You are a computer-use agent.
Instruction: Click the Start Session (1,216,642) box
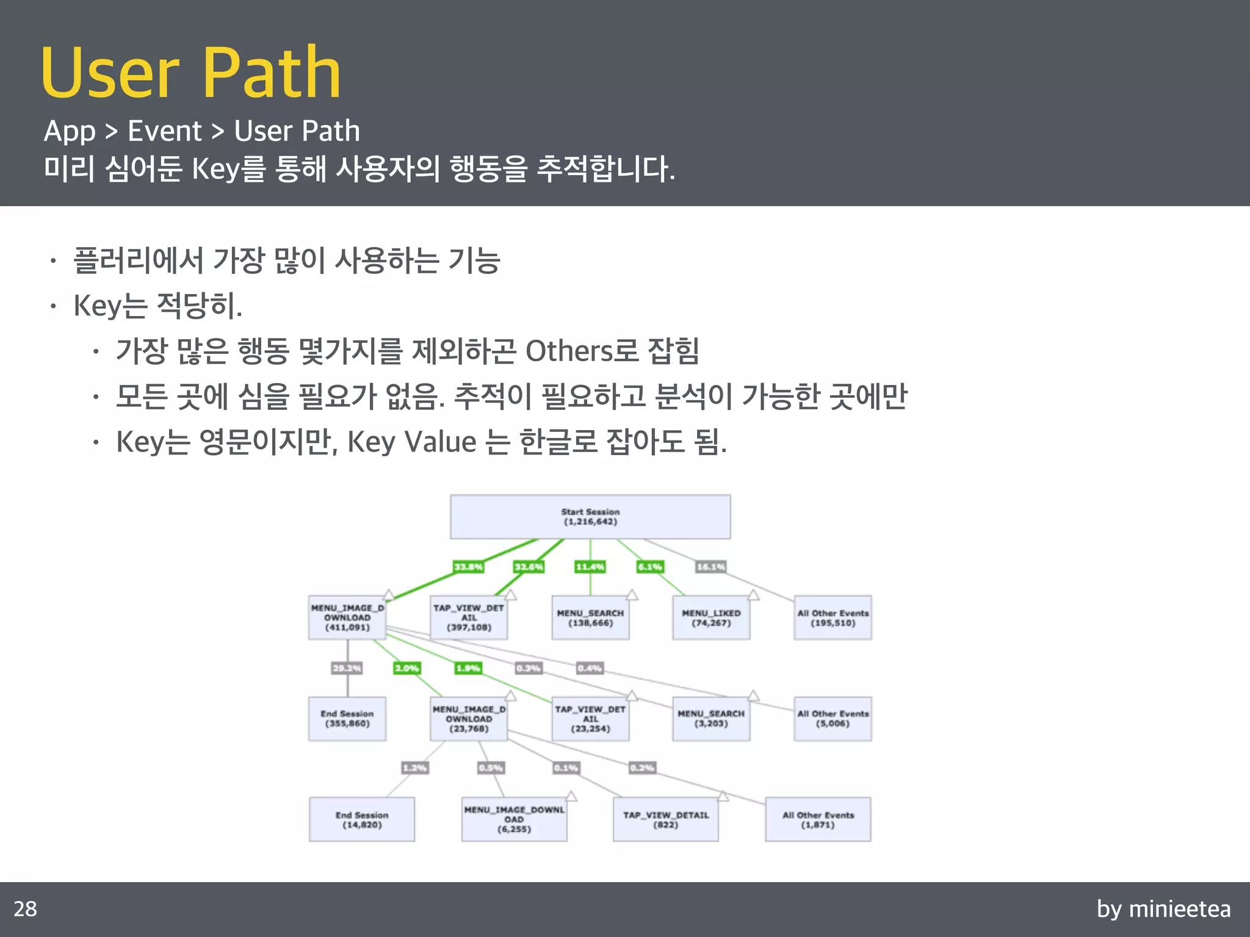pyautogui.click(x=590, y=517)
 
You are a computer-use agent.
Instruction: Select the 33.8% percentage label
pyautogui.click(x=468, y=567)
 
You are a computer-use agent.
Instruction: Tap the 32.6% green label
pyautogui.click(x=529, y=567)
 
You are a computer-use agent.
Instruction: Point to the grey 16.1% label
pyautogui.click(x=711, y=567)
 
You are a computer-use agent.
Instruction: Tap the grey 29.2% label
pyautogui.click(x=347, y=668)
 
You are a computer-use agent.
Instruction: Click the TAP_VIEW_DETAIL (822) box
pyautogui.click(x=665, y=819)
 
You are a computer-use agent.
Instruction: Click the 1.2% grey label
pyautogui.click(x=414, y=767)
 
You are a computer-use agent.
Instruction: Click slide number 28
pyautogui.click(x=25, y=909)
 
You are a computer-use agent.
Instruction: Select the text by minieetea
pyautogui.click(x=1163, y=909)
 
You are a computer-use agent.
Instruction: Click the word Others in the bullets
pyautogui.click(x=569, y=351)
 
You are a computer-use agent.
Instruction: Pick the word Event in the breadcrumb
pyautogui.click(x=164, y=131)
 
